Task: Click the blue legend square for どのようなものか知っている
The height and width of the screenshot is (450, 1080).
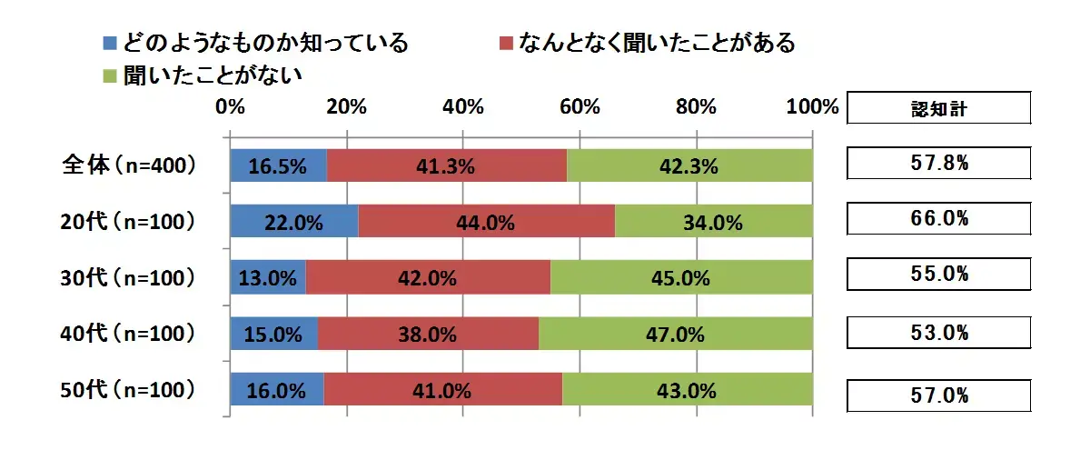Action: pyautogui.click(x=111, y=43)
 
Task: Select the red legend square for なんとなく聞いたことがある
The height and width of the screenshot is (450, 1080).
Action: pyautogui.click(x=507, y=43)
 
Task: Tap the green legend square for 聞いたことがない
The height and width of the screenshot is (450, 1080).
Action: pyautogui.click(x=111, y=74)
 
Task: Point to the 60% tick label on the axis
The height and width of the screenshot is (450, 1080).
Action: pyautogui.click(x=580, y=106)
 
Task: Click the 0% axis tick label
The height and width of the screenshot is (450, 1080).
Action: pyautogui.click(x=231, y=106)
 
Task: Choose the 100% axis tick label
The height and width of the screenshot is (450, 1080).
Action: pyautogui.click(x=812, y=106)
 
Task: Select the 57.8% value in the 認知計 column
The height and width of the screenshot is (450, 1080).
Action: pyautogui.click(x=939, y=165)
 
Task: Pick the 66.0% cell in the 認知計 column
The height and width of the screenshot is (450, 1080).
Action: pyautogui.click(x=939, y=219)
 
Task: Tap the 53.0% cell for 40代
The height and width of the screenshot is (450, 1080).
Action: pyautogui.click(x=939, y=334)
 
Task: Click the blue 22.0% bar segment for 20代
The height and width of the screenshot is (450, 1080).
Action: pyautogui.click(x=294, y=221)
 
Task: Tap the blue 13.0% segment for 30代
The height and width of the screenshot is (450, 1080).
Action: pyautogui.click(x=268, y=278)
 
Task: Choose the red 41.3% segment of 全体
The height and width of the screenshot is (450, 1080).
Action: pyautogui.click(x=447, y=165)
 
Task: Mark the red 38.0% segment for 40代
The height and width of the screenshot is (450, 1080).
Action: pyautogui.click(x=428, y=335)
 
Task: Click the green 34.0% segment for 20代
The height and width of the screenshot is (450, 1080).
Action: pyautogui.click(x=713, y=221)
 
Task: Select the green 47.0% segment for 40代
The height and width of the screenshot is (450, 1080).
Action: pyautogui.click(x=675, y=335)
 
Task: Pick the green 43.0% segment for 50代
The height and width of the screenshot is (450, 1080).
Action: pyautogui.click(x=687, y=391)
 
